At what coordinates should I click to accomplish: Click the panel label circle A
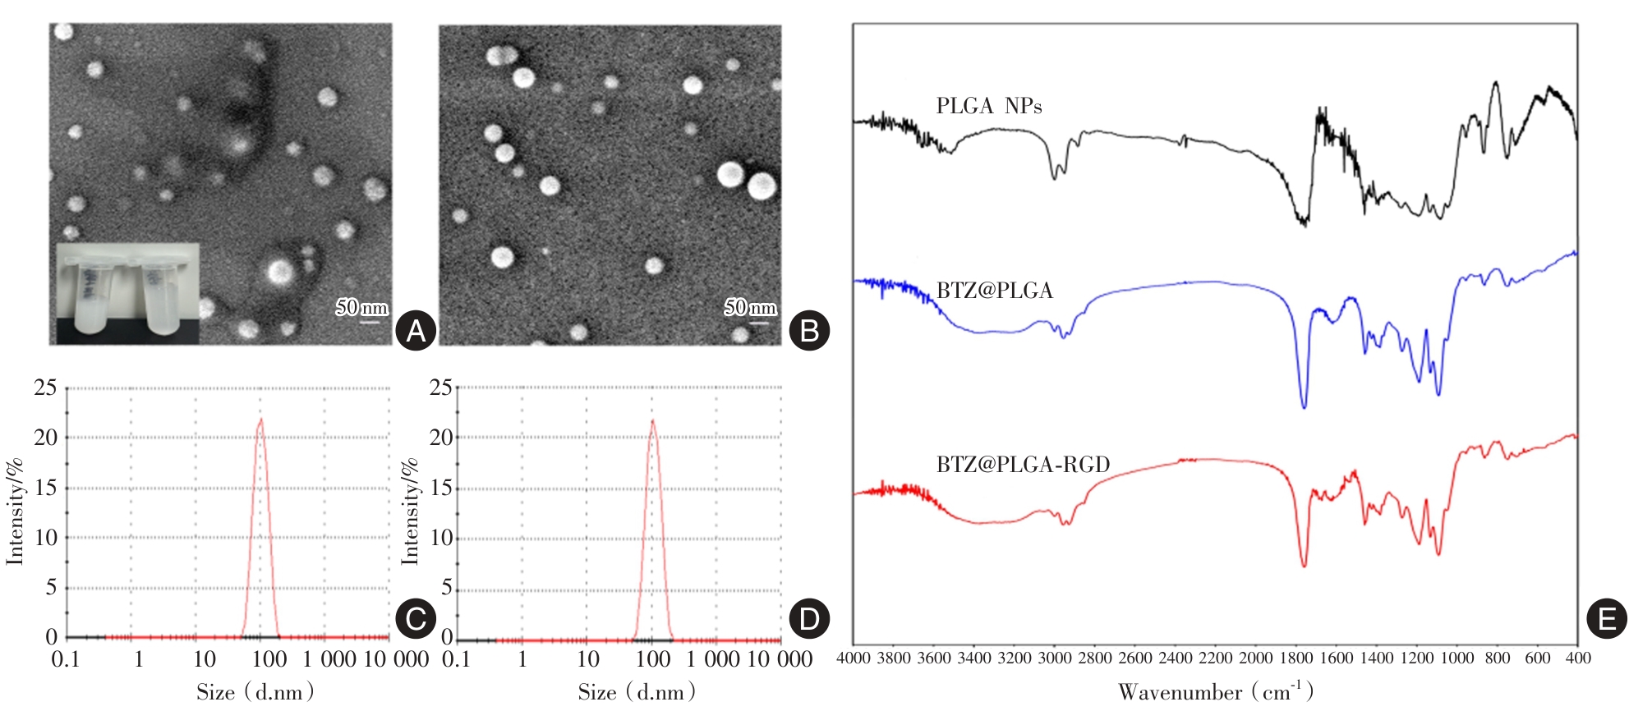point(416,331)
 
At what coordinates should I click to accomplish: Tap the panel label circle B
point(809,331)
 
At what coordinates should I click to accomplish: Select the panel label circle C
point(416,618)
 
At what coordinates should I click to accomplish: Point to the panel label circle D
point(809,618)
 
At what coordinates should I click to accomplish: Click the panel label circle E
point(1607,618)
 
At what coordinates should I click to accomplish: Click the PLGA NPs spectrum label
point(989,107)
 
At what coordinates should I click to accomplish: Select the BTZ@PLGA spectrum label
point(995,291)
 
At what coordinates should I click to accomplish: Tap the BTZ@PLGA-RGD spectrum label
point(1024,465)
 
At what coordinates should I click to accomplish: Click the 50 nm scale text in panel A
point(361,308)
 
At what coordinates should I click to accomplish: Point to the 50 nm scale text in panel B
point(750,308)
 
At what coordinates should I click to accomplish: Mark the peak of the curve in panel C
point(260,420)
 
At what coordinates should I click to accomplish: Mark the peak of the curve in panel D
point(653,421)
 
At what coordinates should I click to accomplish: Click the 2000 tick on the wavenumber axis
point(1255,658)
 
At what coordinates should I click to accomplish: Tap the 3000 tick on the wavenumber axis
point(1054,658)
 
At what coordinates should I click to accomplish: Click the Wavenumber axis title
point(1216,691)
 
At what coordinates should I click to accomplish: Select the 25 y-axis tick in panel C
point(45,388)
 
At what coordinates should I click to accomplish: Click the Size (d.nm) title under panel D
point(637,692)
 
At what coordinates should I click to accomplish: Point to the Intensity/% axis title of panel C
point(15,511)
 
